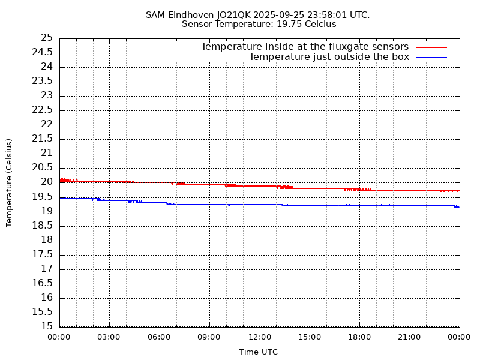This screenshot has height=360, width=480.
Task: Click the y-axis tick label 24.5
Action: (43, 52)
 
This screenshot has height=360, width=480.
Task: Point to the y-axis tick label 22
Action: (47, 124)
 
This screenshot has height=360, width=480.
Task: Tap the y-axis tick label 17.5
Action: (43, 254)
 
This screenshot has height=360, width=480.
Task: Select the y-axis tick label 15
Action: (47, 326)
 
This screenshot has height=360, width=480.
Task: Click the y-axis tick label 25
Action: (47, 38)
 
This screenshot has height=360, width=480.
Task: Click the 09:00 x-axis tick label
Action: (209, 337)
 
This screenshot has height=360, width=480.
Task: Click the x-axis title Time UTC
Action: (259, 352)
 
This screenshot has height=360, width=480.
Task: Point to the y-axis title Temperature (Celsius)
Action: (9, 182)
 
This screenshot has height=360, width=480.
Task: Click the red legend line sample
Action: (431, 47)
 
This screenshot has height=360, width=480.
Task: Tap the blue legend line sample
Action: (431, 57)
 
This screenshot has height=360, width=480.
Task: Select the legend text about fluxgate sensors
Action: (304, 47)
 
